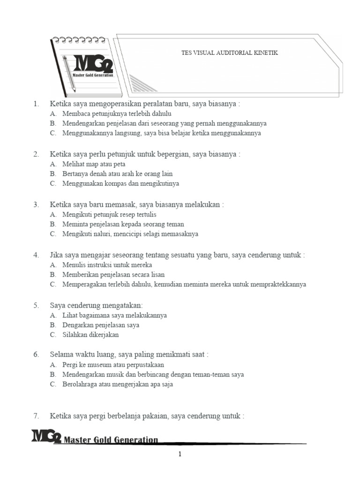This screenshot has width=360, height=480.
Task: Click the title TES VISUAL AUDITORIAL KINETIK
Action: [x=229, y=53]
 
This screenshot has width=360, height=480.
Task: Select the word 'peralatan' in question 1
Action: [x=157, y=104]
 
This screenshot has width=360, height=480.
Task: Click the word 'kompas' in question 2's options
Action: [x=112, y=183]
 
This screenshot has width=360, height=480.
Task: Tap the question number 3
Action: [x=36, y=205]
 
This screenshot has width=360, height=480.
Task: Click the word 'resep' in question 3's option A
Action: [x=112, y=215]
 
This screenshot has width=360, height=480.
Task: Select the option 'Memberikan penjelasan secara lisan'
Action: [x=113, y=275]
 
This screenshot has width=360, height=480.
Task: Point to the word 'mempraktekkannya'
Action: [x=278, y=285]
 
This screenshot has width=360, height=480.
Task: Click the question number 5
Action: [x=36, y=306]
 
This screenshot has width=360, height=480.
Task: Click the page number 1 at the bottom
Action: [x=180, y=454]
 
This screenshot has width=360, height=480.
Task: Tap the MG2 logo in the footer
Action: [x=46, y=436]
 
